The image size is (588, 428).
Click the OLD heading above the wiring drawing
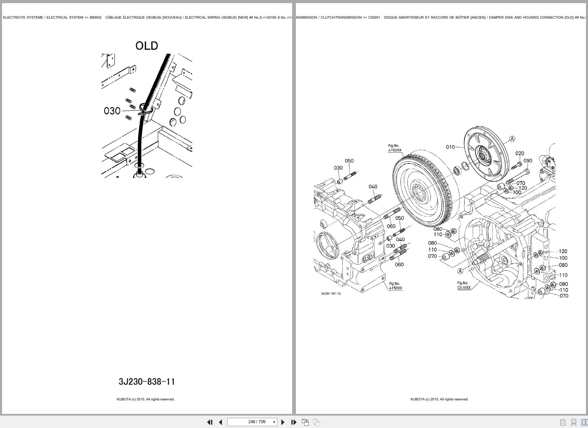click(146, 46)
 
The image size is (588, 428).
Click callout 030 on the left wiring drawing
click(112, 111)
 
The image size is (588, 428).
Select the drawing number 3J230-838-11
click(147, 382)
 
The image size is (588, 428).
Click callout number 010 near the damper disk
click(450, 147)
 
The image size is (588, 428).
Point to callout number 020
click(519, 153)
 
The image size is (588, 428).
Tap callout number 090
click(528, 161)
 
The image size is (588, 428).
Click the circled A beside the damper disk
click(512, 139)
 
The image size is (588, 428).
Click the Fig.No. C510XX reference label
click(464, 286)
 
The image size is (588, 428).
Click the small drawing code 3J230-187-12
click(331, 293)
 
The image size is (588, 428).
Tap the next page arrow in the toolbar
click(283, 422)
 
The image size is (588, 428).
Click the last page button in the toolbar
click(293, 422)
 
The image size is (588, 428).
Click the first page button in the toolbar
click(209, 422)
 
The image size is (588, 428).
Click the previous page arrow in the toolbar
click(220, 422)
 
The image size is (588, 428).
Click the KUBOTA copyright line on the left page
click(145, 399)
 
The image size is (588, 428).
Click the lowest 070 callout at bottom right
click(564, 296)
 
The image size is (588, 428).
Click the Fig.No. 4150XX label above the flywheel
click(395, 148)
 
